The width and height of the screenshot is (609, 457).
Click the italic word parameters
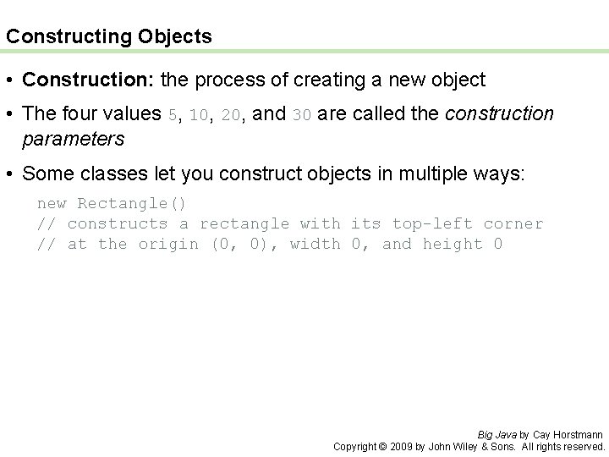(x=74, y=138)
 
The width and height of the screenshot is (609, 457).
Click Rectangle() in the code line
(x=132, y=204)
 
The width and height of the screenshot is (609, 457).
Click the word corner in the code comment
(x=513, y=224)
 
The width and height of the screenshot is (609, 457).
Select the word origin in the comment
(x=168, y=245)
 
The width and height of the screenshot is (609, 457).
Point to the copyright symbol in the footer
(x=381, y=446)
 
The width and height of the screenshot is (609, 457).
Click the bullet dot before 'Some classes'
(x=11, y=174)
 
